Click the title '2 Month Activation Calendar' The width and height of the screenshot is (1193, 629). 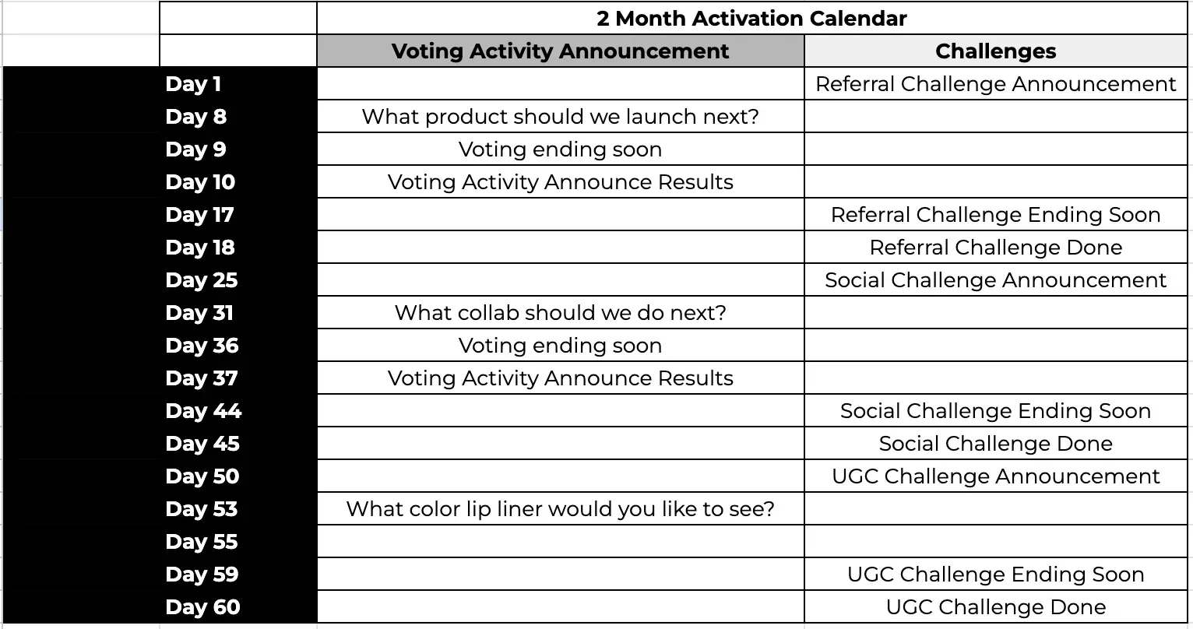(751, 19)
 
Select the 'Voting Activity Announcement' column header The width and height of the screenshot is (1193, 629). (560, 51)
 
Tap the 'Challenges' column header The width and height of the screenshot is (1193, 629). (995, 51)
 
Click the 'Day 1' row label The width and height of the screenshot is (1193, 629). (193, 84)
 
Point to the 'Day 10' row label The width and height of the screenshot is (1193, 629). (199, 182)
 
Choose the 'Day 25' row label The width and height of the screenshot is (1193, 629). (202, 280)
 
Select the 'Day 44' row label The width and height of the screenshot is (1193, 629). (203, 411)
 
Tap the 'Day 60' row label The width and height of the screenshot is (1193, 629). (202, 607)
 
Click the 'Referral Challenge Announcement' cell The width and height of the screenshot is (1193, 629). (995, 84)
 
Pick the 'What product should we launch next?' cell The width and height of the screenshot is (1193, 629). (560, 117)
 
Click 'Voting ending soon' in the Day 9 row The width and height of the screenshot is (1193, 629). (560, 149)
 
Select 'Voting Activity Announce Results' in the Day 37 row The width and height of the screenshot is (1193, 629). (560, 378)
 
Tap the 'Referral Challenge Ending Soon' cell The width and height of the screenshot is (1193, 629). (995, 215)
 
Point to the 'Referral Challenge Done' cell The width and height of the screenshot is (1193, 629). (995, 248)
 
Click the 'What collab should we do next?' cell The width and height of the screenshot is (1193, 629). (560, 313)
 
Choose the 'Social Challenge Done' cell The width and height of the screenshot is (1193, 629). (995, 444)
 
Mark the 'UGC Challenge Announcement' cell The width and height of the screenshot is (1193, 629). (995, 476)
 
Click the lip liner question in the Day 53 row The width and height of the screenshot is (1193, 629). (560, 509)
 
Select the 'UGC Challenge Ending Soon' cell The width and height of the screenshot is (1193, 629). (995, 575)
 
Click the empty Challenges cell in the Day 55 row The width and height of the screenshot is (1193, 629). (995, 541)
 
